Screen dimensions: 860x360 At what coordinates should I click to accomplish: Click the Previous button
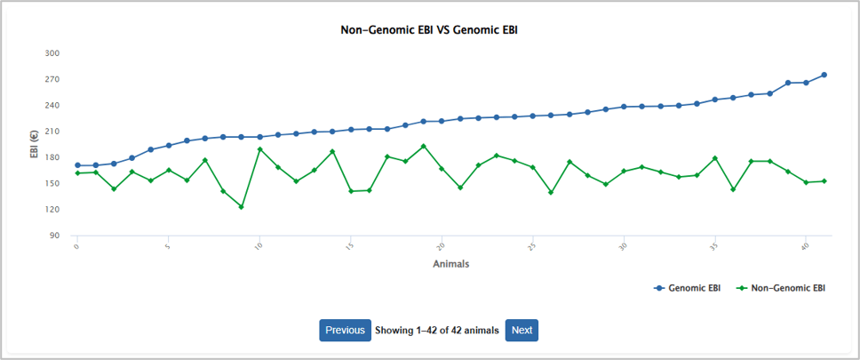[345, 331]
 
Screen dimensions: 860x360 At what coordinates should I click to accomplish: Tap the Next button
[522, 331]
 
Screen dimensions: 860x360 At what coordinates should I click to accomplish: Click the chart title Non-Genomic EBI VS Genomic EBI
[429, 30]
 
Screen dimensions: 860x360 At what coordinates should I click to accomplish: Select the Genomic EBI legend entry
[687, 288]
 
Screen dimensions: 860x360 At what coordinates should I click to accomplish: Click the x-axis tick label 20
[441, 244]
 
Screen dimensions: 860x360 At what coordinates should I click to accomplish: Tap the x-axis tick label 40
[805, 244]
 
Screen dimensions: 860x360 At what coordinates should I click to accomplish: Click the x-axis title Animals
[450, 264]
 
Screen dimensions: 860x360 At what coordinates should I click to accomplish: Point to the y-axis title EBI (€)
[35, 144]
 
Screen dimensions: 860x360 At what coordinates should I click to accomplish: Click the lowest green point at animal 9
[241, 207]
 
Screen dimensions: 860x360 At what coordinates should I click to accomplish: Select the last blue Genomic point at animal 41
[824, 75]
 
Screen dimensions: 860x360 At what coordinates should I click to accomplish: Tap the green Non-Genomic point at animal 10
[259, 149]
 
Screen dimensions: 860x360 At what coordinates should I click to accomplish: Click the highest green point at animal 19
[424, 147]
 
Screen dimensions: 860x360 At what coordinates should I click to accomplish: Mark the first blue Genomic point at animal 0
[77, 165]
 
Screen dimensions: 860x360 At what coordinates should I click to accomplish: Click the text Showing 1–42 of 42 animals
[437, 331]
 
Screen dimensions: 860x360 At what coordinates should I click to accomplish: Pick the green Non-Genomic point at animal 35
[714, 158]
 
